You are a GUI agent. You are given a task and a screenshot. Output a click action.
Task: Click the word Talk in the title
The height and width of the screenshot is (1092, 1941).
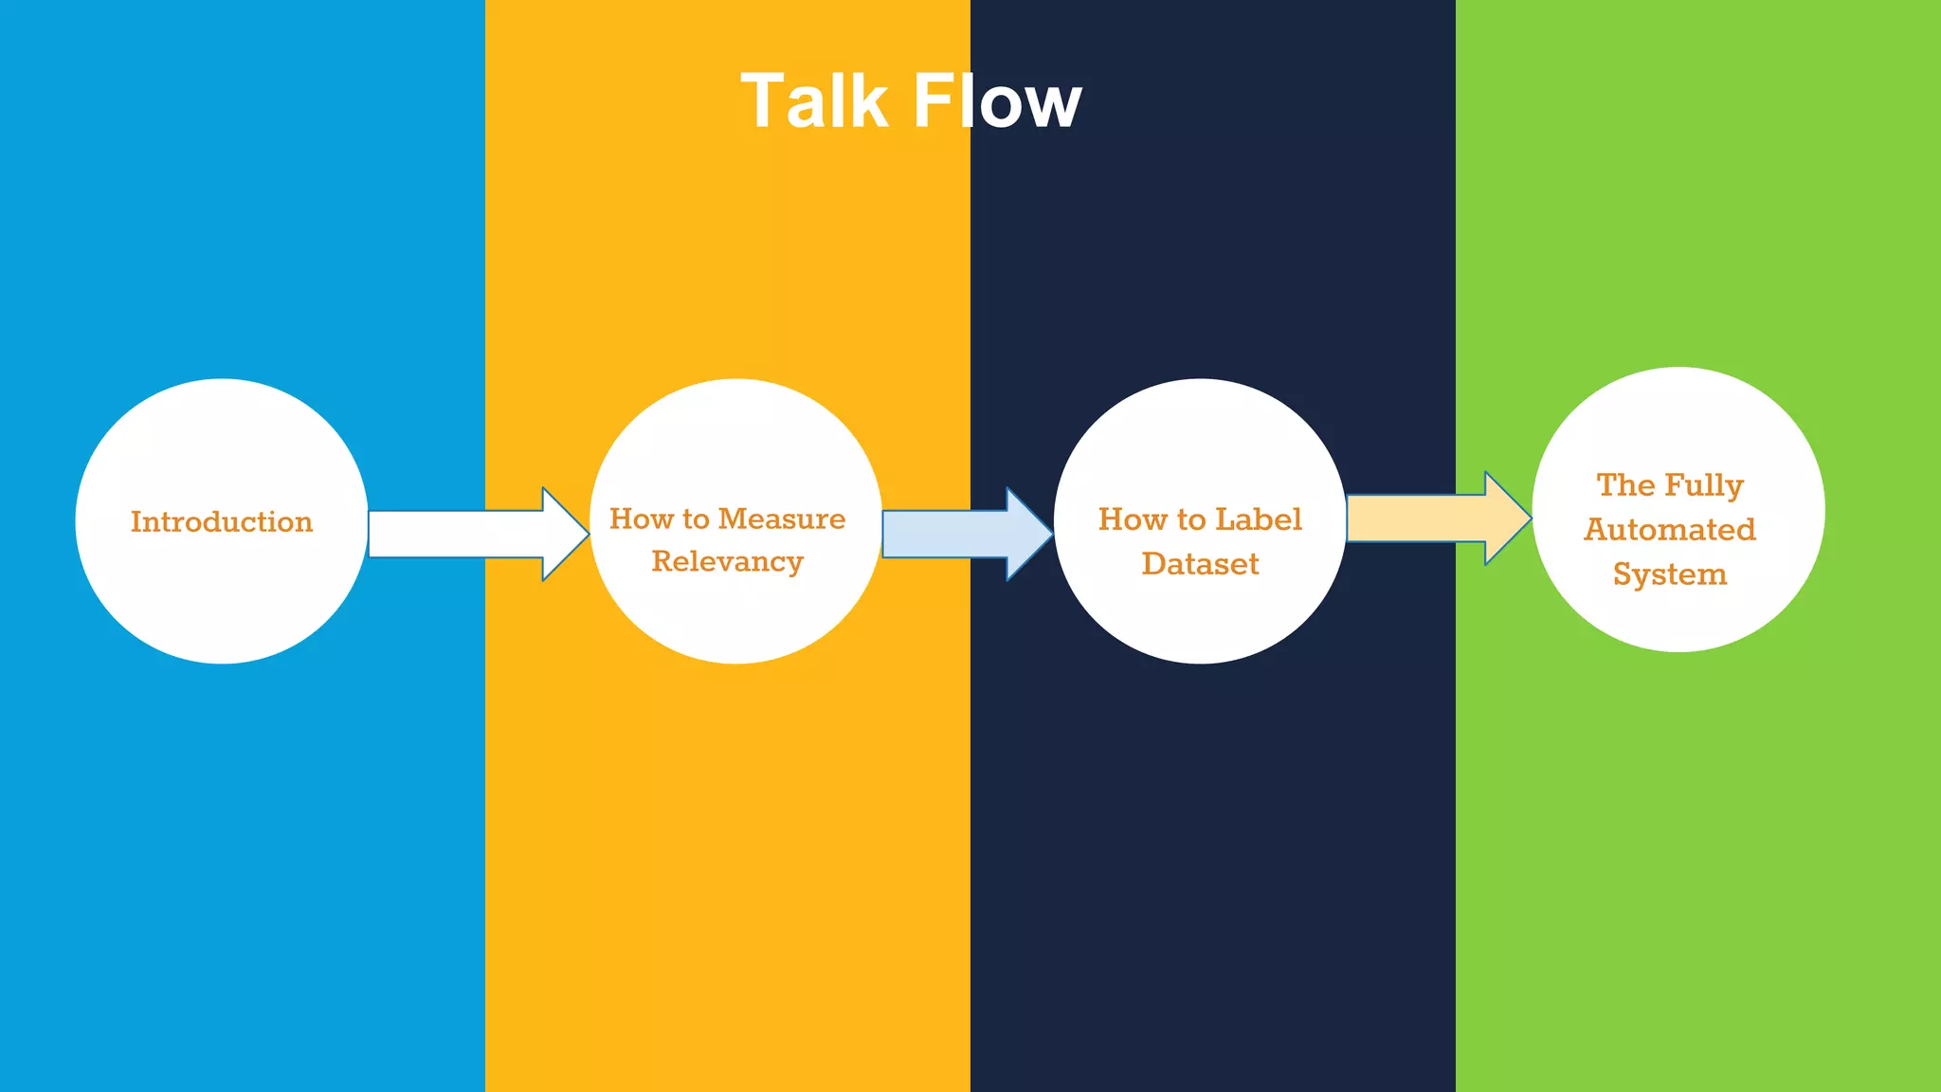tap(813, 101)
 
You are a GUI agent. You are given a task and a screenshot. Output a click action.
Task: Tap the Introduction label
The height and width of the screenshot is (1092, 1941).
tap(222, 521)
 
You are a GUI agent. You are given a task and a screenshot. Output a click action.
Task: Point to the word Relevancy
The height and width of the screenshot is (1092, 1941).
tap(727, 561)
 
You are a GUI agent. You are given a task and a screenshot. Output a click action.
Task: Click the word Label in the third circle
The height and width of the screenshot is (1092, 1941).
tap(1259, 519)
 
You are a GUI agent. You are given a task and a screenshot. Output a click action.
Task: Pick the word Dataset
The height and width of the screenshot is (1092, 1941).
tap(1200, 564)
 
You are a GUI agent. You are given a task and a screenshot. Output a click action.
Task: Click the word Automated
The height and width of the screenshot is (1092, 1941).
tap(1670, 529)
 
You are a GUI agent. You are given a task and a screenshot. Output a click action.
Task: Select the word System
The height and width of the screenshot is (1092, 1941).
tap(1670, 574)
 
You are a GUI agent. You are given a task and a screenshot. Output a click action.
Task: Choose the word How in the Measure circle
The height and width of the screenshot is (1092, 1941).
tap(641, 519)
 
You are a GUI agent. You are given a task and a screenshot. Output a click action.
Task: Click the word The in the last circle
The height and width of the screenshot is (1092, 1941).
tap(1625, 485)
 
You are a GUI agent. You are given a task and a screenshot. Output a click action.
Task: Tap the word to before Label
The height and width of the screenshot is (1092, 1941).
tap(1191, 519)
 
